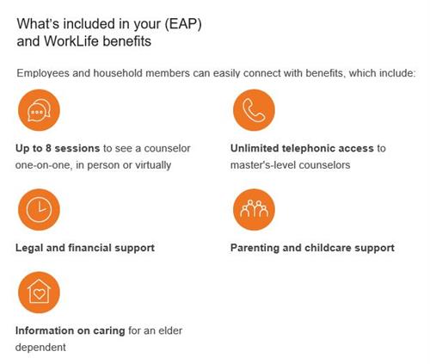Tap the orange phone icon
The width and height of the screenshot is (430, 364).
(254, 110)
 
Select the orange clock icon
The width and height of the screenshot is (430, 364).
(37, 210)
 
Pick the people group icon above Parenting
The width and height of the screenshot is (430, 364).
(254, 210)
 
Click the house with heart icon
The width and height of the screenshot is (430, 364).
(37, 293)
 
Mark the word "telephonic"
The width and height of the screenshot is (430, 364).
(316, 149)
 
